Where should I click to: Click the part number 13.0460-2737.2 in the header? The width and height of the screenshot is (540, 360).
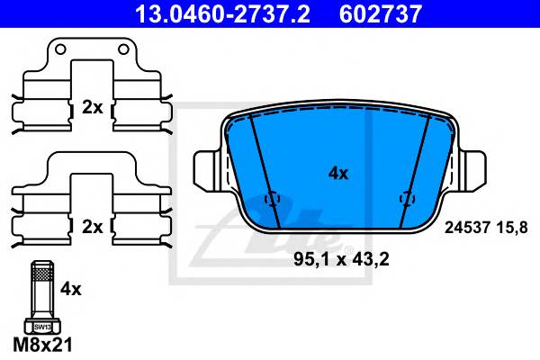coord(223,13)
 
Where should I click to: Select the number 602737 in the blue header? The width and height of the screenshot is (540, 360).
coord(381,13)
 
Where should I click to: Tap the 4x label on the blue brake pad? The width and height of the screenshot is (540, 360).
coord(338,174)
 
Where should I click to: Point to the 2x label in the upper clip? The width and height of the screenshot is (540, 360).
coord(93,108)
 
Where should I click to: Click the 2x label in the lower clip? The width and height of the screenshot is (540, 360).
coord(93,227)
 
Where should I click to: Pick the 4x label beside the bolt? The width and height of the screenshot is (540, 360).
coord(71,289)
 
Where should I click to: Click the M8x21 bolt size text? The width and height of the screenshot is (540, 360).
coord(42,345)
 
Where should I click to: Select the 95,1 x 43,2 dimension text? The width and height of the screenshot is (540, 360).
coord(341,259)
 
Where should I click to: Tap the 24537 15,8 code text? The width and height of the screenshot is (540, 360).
coord(486,228)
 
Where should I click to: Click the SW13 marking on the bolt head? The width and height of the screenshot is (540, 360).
coord(42,328)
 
